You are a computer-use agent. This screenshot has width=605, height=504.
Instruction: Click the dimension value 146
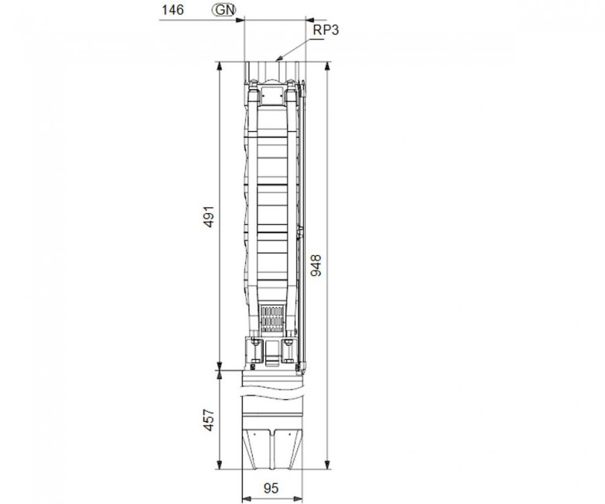[x=172, y=10]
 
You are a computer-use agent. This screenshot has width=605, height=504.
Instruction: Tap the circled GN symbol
[x=224, y=10]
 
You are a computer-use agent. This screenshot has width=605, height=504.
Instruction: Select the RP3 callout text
[x=326, y=29]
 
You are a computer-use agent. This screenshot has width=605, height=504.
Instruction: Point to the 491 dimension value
[x=209, y=216]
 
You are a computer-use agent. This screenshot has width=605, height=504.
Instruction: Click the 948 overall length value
[x=316, y=265]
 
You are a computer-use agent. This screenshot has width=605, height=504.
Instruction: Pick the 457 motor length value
[x=209, y=420]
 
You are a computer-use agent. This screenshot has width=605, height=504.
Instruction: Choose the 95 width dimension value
[x=271, y=488]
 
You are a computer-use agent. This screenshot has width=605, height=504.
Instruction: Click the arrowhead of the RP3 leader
[x=278, y=59]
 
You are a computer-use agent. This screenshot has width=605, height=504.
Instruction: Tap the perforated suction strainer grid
[x=273, y=319]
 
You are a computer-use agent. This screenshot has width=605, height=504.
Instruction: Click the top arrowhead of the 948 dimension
[x=327, y=66]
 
